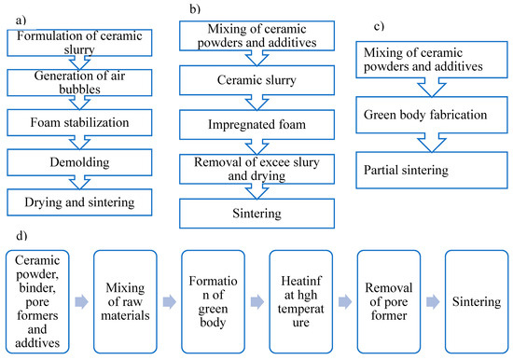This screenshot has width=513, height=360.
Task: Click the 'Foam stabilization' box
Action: (x=79, y=123)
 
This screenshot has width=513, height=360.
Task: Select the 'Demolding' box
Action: (x=79, y=162)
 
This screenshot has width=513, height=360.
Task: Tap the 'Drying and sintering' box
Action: (x=79, y=202)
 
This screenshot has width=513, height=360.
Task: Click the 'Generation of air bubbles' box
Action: (x=79, y=83)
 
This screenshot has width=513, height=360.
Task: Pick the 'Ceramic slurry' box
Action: (x=256, y=80)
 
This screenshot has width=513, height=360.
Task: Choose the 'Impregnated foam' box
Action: (x=256, y=125)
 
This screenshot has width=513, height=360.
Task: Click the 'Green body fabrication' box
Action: (x=432, y=115)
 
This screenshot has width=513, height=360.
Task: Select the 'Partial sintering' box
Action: (x=432, y=170)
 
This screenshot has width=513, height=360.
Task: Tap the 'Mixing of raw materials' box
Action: (x=125, y=302)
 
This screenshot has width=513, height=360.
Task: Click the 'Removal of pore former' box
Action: (x=389, y=302)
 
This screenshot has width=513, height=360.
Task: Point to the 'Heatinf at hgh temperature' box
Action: (x=301, y=302)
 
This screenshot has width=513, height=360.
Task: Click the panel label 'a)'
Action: (x=21, y=21)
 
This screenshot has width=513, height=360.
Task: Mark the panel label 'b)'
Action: (x=195, y=8)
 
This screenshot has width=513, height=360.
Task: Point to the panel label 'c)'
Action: (x=379, y=26)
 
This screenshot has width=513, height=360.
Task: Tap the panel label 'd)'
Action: (x=21, y=235)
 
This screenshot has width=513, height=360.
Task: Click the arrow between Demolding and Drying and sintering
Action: (x=79, y=182)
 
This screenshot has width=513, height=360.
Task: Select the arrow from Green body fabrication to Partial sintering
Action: (x=432, y=143)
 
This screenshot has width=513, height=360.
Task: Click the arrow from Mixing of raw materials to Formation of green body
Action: (x=170, y=302)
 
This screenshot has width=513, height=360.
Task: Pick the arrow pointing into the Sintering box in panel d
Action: (x=433, y=302)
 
